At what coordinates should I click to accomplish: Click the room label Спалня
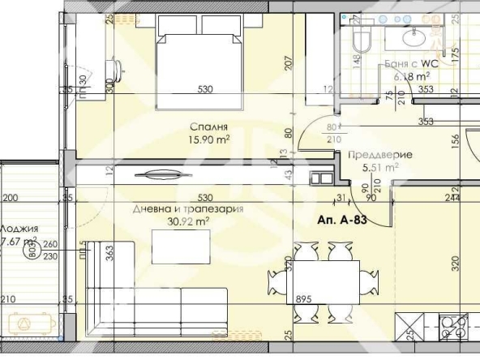tap(208, 126)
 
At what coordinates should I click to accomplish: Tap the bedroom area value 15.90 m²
tap(209, 139)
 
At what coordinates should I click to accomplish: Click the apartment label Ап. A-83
tap(346, 221)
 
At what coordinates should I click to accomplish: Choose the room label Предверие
tap(380, 154)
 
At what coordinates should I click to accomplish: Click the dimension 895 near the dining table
tap(303, 298)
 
